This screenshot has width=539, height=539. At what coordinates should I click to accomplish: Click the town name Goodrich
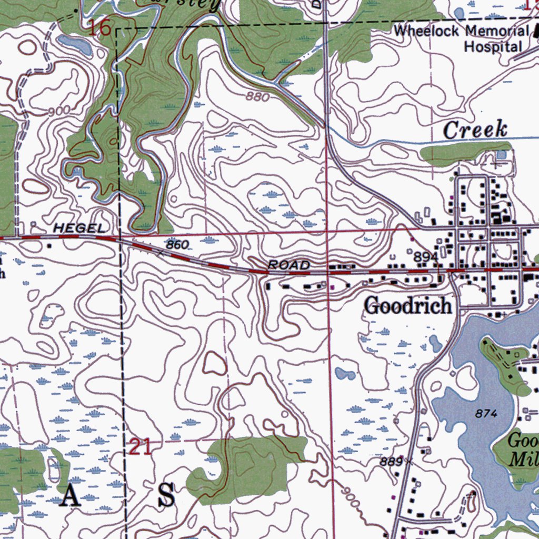(408, 306)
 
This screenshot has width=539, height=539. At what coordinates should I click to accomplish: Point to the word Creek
(475, 130)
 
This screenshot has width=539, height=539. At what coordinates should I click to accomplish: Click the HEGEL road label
(79, 228)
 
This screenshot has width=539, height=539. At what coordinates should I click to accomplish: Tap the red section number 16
(99, 28)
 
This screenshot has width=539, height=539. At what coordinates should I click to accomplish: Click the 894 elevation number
(425, 257)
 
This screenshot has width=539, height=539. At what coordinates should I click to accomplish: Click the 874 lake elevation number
(486, 414)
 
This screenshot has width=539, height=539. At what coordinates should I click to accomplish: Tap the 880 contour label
(257, 97)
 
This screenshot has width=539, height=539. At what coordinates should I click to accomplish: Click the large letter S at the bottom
(166, 496)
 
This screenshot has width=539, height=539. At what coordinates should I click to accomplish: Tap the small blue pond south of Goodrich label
(345, 374)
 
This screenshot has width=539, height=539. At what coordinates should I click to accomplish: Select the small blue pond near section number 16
(75, 45)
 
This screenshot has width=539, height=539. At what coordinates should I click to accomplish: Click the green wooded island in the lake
(505, 363)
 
